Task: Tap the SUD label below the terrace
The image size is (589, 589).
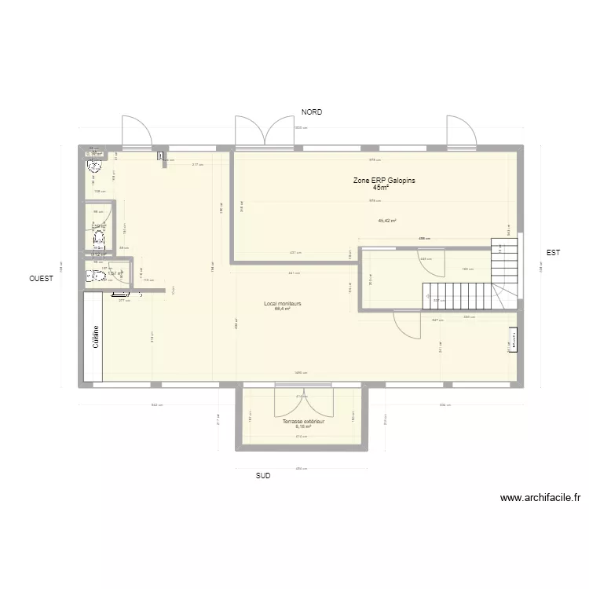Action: point(262,476)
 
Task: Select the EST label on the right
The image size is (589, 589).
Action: point(553,252)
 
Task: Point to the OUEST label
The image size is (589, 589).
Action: point(42,279)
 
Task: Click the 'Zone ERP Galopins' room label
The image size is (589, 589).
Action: point(383,181)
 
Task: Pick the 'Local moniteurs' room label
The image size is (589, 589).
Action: point(283,303)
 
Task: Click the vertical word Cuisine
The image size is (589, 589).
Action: point(96,338)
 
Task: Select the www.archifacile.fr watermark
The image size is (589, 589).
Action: point(540,498)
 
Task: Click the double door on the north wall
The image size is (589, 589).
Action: point(265,131)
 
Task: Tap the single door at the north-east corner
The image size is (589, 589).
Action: point(459,131)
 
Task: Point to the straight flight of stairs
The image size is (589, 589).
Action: point(455,295)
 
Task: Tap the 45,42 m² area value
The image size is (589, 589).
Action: point(387,221)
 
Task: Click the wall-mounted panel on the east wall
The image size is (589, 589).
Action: point(513,340)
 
